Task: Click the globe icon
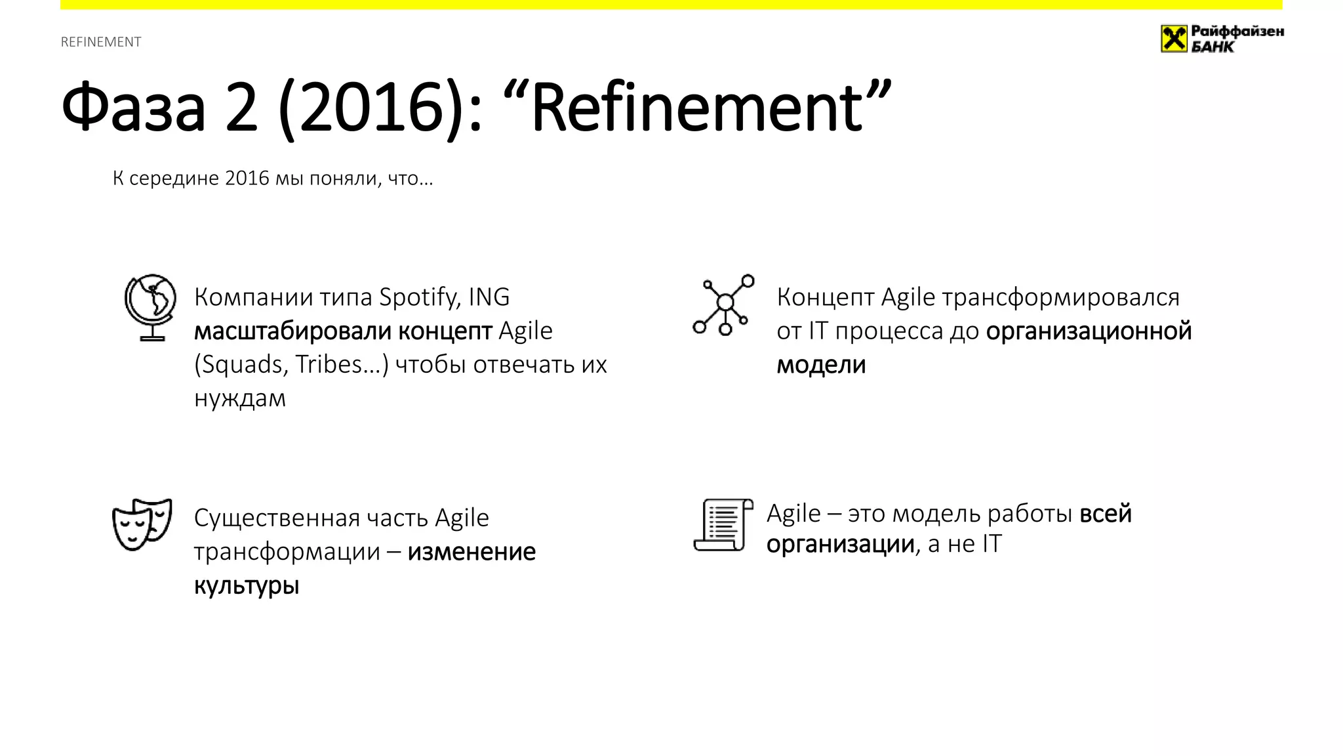point(151,307)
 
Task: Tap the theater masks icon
point(142,524)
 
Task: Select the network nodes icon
point(723,305)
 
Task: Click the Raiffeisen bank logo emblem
point(1173,39)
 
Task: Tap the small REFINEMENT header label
point(101,42)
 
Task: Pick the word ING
point(489,297)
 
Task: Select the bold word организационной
point(1089,331)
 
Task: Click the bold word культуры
point(247,585)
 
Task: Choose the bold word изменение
point(471,551)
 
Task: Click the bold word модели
point(821,365)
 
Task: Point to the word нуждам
point(240,398)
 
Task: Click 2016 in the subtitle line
point(247,178)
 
